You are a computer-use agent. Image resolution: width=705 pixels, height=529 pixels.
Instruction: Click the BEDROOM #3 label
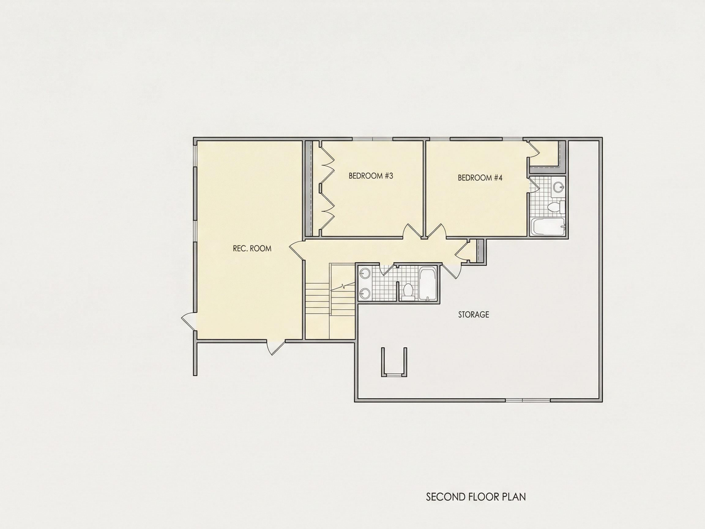tap(371, 176)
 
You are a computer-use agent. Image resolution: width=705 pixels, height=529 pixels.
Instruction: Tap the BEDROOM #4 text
tap(480, 178)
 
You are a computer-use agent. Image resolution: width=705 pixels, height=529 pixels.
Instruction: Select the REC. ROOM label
tap(252, 248)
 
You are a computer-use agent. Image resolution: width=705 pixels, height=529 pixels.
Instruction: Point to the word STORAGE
tap(473, 315)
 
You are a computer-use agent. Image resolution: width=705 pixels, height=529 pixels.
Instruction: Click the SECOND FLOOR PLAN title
tap(476, 497)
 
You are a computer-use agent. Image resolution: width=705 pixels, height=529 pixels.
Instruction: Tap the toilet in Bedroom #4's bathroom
tap(556, 207)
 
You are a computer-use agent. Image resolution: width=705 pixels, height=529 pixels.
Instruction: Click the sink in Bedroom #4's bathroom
tap(558, 187)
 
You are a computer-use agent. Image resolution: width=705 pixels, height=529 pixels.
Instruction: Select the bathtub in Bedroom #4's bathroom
tap(549, 227)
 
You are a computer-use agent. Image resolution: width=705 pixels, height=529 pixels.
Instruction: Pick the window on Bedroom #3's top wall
tap(372, 139)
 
